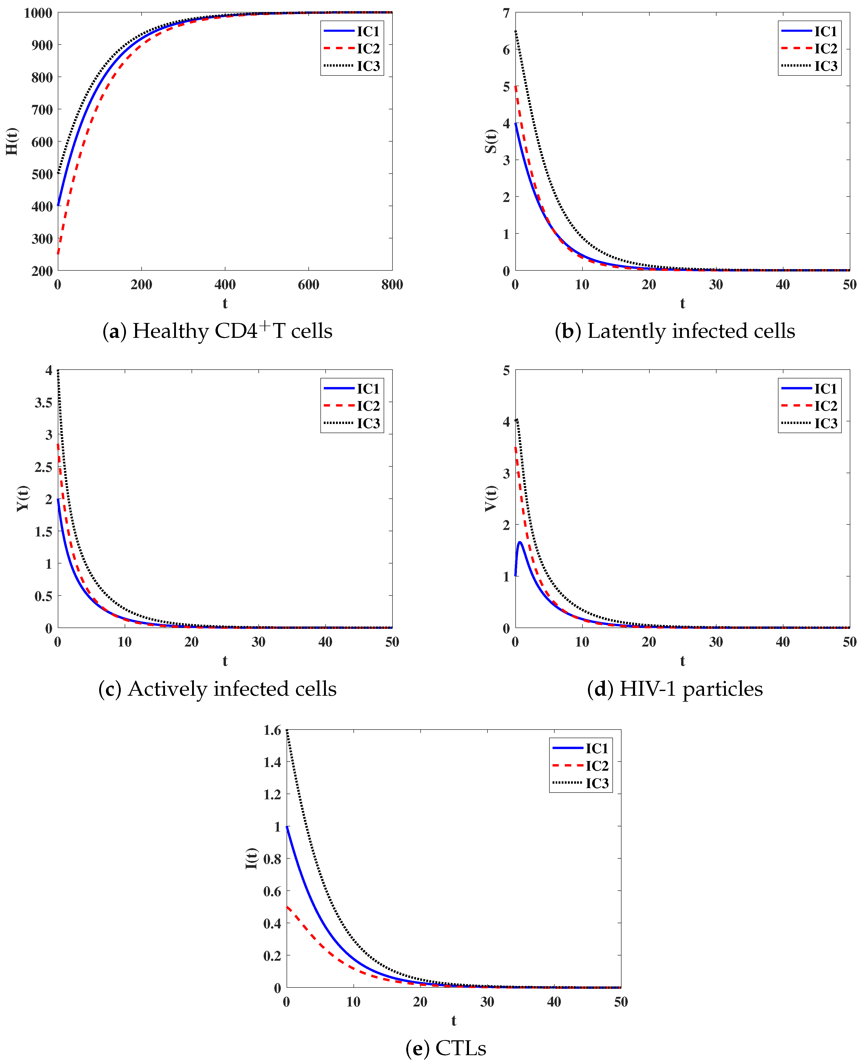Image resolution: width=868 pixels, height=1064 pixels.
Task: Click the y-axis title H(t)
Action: pos(12,142)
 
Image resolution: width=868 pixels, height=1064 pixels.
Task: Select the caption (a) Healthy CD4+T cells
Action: pos(218,331)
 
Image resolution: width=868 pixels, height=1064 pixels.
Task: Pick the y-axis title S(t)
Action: pos(491,142)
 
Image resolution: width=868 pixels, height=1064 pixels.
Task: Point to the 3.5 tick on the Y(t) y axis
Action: pos(43,402)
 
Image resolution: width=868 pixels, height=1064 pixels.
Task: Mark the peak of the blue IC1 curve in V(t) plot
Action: pos(520,542)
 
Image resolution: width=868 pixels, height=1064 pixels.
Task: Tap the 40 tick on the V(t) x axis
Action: pos(782,642)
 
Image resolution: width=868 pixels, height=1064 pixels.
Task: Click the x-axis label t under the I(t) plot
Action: pos(453,1021)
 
